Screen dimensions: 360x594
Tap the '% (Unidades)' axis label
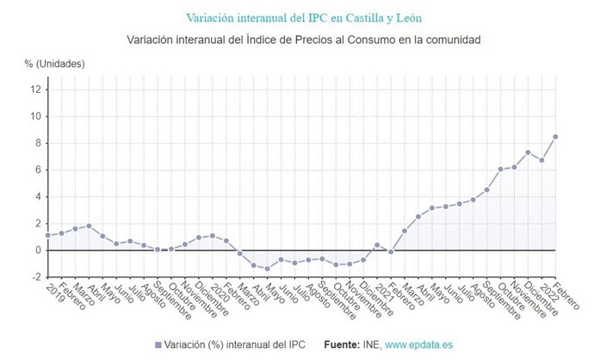54,63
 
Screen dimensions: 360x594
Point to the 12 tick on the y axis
35,90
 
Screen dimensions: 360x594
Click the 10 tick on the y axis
35,116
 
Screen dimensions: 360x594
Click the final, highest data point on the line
555,136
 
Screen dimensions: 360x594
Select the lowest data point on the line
268,269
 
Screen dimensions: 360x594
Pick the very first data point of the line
47,235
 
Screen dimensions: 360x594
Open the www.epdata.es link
418,344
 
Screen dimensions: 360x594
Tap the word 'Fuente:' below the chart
341,344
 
